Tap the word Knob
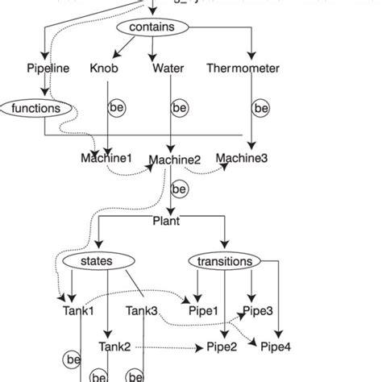[x=104, y=69]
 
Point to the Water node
[x=168, y=69]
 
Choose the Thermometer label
[x=243, y=69]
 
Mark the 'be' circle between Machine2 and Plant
[x=179, y=189]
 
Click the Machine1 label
[x=106, y=158]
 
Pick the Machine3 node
[x=243, y=158]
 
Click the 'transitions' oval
[x=225, y=261]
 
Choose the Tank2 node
[x=115, y=347]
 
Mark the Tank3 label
[x=141, y=311]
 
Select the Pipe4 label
[x=276, y=347]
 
